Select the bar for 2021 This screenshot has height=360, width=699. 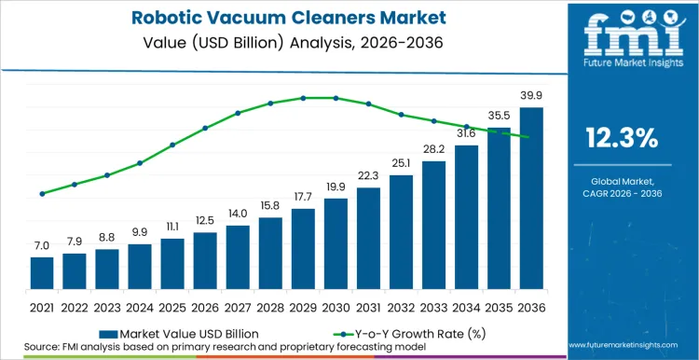[42, 272]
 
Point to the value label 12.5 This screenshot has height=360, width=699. [205, 220]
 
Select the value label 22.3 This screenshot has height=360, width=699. [368, 175]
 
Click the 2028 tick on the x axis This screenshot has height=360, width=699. [270, 307]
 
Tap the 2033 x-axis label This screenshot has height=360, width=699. [433, 307]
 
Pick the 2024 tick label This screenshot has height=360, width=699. [140, 307]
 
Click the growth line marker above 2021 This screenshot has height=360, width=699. [42, 194]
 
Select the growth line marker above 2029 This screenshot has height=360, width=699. [303, 98]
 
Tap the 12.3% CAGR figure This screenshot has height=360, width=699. [622, 138]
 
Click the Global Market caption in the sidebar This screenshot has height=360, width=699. [622, 181]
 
